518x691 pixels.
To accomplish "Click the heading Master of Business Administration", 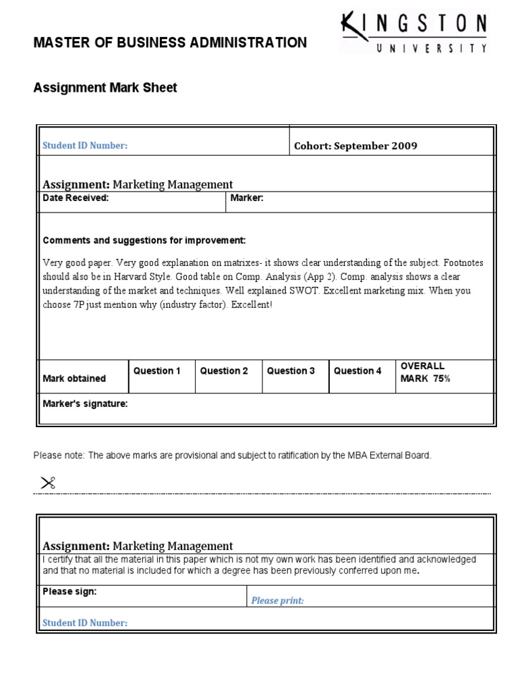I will [x=170, y=43].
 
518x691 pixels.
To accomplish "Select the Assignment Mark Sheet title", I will [x=105, y=88].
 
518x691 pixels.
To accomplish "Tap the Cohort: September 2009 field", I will [x=355, y=146].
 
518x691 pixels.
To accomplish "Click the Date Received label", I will [x=76, y=198].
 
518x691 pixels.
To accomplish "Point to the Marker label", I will [x=247, y=198].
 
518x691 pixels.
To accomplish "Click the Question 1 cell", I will [x=157, y=370].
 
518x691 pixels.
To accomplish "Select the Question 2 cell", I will [x=224, y=370].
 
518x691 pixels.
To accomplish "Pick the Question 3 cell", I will [x=291, y=370].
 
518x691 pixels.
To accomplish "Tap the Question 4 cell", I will [x=357, y=370].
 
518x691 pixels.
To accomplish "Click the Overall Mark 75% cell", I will [x=426, y=372].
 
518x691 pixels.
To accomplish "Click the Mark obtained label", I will [x=74, y=379].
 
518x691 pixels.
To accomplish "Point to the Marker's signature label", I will [x=85, y=404].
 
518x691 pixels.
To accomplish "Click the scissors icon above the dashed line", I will [x=47, y=482].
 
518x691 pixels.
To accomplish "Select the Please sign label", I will [x=69, y=591].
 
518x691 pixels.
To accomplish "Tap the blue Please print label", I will [x=277, y=601].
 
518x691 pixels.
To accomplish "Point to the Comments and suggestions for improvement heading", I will [x=144, y=240].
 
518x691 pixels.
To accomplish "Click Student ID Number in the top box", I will [x=85, y=146].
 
